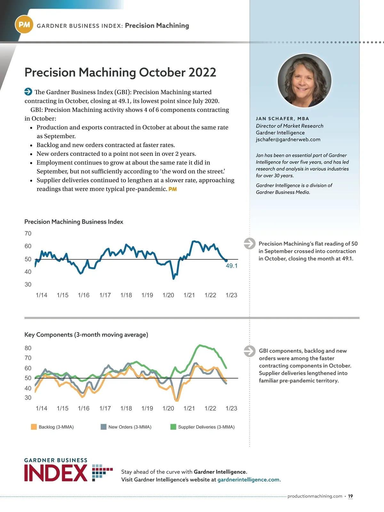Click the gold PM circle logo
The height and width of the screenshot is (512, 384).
pos(24,25)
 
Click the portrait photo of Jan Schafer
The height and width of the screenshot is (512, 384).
pos(304,80)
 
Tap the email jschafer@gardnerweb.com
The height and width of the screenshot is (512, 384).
pos(288,140)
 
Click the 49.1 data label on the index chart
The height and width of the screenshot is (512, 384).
pos(232,266)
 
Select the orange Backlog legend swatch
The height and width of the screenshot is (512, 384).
pos(34,427)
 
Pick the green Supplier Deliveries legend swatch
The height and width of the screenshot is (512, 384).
pos(173,427)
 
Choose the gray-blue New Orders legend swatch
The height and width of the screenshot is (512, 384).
pos(103,427)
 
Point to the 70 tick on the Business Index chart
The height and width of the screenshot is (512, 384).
pos(28,234)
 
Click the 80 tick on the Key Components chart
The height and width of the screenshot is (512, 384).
pos(28,348)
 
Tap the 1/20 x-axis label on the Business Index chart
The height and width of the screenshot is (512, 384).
pos(168,295)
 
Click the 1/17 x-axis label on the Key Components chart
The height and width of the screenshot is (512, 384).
pos(105,408)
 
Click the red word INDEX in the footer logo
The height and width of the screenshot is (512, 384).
pos(56,473)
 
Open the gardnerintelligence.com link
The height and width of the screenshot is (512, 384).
pos(249,480)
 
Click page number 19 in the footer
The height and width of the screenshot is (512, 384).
pos(350,496)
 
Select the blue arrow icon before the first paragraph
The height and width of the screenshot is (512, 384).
pos(28,92)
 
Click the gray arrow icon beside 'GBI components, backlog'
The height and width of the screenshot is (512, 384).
pos(250,351)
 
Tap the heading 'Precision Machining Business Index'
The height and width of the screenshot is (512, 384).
pos(74,222)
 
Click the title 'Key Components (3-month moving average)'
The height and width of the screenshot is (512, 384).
pos(86,335)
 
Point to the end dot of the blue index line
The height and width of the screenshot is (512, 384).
pos(226,261)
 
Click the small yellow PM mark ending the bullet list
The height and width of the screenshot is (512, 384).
pos(172,189)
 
